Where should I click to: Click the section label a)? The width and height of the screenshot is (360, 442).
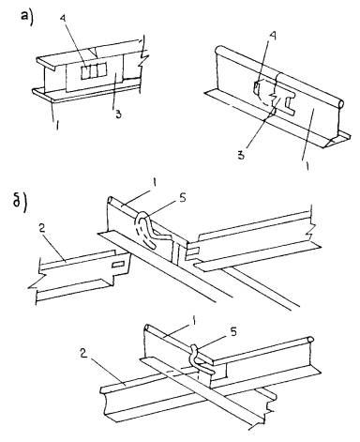(26, 15)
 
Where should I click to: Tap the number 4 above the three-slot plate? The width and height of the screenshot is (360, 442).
(64, 18)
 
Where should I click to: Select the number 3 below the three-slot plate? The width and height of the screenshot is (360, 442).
(118, 114)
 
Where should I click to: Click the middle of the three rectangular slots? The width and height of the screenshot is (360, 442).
(93, 70)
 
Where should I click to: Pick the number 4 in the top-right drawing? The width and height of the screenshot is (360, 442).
(273, 37)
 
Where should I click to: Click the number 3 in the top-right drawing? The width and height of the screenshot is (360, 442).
(241, 155)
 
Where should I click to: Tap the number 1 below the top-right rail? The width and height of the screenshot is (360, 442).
(307, 165)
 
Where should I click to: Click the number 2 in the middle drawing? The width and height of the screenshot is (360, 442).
(43, 228)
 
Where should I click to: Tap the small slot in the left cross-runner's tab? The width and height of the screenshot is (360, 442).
(118, 265)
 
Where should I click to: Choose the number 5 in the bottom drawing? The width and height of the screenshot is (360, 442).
(233, 332)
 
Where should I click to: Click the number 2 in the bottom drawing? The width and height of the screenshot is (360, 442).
(83, 353)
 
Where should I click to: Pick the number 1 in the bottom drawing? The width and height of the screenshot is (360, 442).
(194, 321)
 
